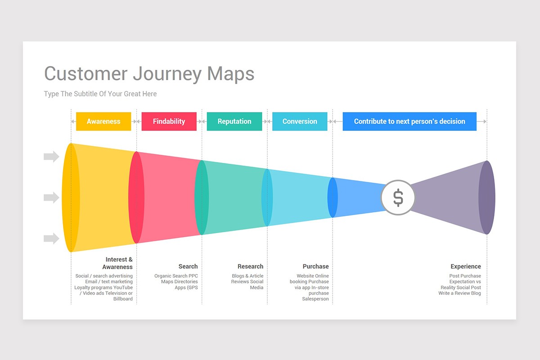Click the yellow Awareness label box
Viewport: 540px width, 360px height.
(103, 121)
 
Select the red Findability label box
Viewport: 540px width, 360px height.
(169, 121)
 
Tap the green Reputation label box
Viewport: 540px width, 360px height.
(234, 121)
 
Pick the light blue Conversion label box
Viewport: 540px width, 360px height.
(300, 121)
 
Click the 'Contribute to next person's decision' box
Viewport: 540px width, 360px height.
(409, 121)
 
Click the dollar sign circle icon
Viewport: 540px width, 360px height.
(398, 198)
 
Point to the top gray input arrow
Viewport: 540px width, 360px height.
(51, 157)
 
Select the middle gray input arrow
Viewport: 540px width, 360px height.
(51, 198)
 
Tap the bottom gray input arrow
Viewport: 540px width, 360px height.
(51, 238)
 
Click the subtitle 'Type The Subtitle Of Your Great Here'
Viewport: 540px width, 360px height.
(100, 94)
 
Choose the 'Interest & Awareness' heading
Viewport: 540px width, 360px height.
(118, 263)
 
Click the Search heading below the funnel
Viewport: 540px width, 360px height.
(188, 266)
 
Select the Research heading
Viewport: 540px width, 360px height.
(250, 266)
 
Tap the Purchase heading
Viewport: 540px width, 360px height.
(315, 266)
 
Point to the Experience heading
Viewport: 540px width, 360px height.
(466, 266)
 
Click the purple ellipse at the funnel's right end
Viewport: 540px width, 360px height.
(487, 198)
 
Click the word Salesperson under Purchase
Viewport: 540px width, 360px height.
(315, 299)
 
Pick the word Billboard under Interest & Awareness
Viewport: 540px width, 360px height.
(123, 299)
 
